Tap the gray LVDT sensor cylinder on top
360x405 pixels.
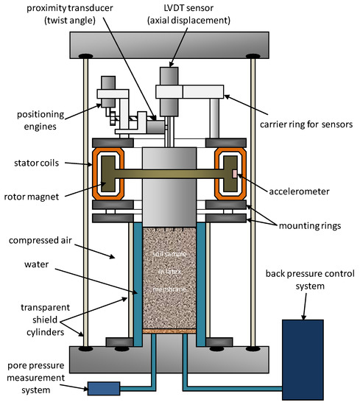170,76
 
